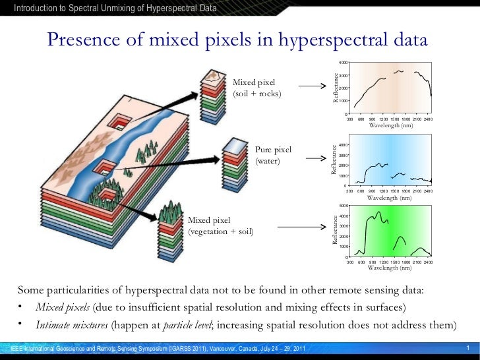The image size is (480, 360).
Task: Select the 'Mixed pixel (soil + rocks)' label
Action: click(257, 88)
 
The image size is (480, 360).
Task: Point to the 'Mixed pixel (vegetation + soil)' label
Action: click(221, 225)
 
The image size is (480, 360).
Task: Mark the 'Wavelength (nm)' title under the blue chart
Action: click(390, 197)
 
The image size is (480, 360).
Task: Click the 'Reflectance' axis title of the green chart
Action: click(335, 231)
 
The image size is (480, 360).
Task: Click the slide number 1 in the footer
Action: click(467, 348)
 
